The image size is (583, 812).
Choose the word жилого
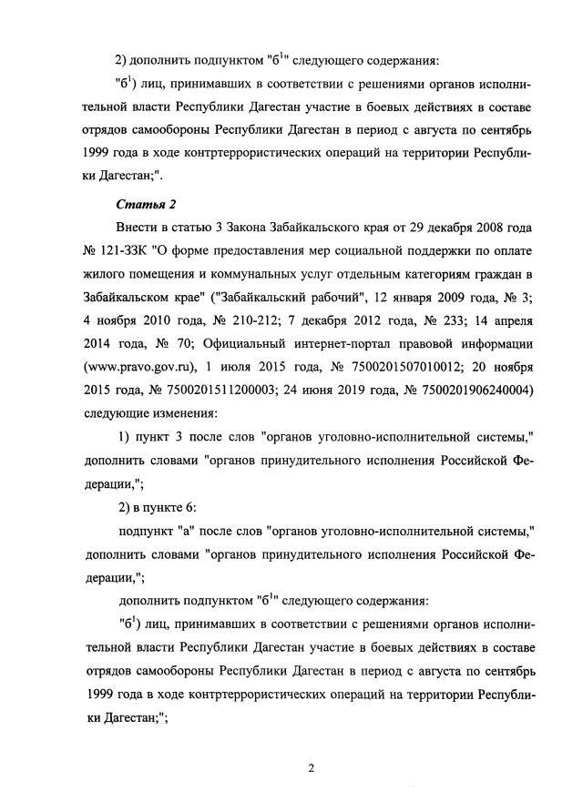102,273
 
